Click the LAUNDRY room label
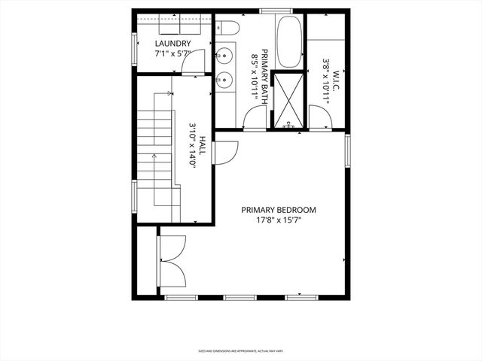(x=172, y=44)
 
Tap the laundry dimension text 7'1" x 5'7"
(x=172, y=54)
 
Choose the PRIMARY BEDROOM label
(x=279, y=210)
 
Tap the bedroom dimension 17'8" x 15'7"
(x=279, y=221)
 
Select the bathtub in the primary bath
(x=288, y=42)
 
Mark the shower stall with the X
(x=287, y=99)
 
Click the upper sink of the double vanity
(x=224, y=55)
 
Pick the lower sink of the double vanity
(x=224, y=77)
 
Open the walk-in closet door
(x=319, y=117)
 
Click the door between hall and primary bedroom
(x=224, y=150)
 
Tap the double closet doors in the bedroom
(x=172, y=261)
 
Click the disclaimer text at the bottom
(x=240, y=350)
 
